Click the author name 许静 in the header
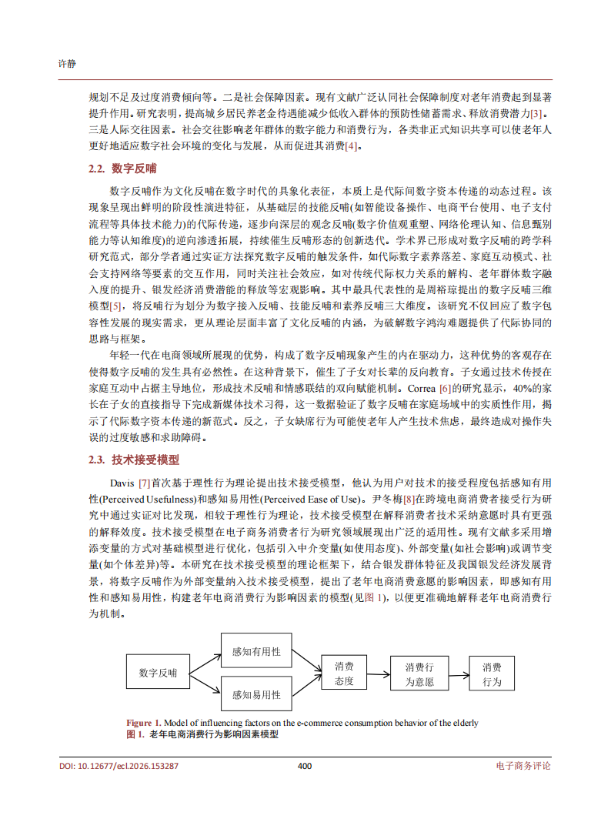[68, 62]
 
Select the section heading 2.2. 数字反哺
[122, 169]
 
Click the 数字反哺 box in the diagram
[158, 672]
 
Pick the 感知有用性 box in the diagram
[256, 651]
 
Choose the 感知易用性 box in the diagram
[256, 694]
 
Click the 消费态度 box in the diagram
[344, 673]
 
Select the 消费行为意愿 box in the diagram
[419, 673]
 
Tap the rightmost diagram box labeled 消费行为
[492, 673]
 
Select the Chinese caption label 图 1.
[135, 735]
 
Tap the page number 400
[305, 767]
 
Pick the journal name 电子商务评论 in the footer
[524, 767]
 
